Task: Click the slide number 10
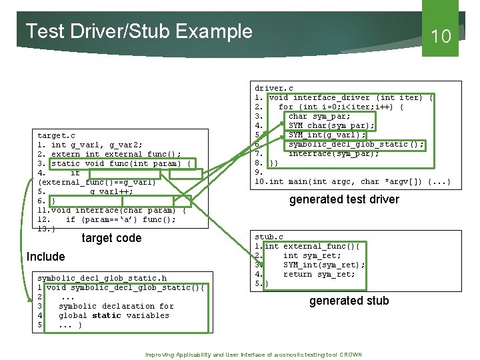pyautogui.click(x=441, y=36)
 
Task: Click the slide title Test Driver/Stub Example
pyautogui.click(x=139, y=31)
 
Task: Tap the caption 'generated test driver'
pyautogui.click(x=344, y=199)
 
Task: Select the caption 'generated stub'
pyautogui.click(x=349, y=301)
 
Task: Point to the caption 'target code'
pyautogui.click(x=111, y=238)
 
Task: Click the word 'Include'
pyautogui.click(x=45, y=257)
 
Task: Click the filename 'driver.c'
pyautogui.click(x=273, y=88)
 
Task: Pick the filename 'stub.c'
pyautogui.click(x=269, y=237)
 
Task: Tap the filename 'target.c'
pyautogui.click(x=57, y=135)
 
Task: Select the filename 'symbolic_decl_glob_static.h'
pyautogui.click(x=102, y=278)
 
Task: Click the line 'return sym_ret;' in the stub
pyautogui.click(x=319, y=274)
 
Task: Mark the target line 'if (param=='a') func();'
pyautogui.click(x=120, y=219)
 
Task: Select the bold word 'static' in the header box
pyautogui.click(x=106, y=315)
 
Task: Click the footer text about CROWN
pyautogui.click(x=253, y=354)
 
